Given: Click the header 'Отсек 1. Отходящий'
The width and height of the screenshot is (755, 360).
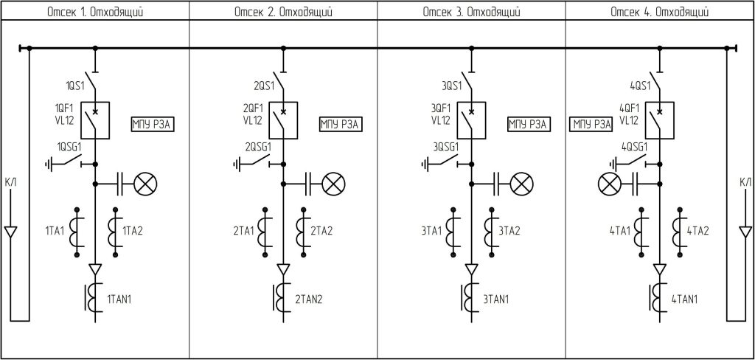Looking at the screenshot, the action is point(95,12).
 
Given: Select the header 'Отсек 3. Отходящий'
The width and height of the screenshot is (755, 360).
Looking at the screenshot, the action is point(471,12).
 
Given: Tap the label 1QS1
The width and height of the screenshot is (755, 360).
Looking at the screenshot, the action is point(75,86).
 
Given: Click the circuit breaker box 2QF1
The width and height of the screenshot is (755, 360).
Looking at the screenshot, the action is point(283,120).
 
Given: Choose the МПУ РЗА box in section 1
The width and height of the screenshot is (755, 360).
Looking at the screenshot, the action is point(153,125).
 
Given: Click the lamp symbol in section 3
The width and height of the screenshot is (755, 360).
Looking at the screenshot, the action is point(521,184).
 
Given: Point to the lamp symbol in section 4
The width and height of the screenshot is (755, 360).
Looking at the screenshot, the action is point(609,184).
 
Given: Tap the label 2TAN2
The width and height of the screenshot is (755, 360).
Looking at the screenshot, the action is point(309,300).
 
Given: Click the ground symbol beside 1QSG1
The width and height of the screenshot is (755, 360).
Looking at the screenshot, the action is point(48,165).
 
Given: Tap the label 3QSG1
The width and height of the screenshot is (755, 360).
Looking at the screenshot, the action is point(445,147).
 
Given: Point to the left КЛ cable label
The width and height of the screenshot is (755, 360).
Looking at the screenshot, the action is point(10,182).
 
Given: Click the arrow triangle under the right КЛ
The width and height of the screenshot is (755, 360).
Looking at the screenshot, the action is point(745,232).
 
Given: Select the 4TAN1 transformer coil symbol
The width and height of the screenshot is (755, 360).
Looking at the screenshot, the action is point(655,298).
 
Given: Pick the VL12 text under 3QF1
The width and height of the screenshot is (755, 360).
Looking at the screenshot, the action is point(441,120).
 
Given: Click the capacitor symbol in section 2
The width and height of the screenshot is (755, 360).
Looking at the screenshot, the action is point(310,184).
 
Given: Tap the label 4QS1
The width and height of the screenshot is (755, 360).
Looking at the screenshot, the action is point(640,86).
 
